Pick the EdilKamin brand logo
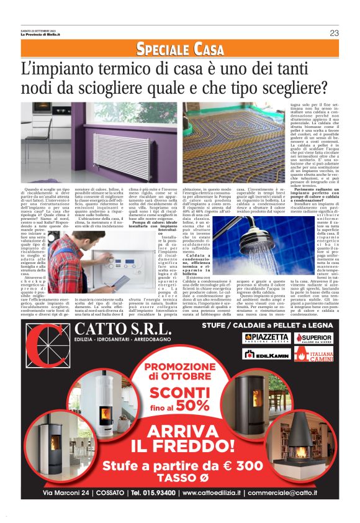click(265, 354)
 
